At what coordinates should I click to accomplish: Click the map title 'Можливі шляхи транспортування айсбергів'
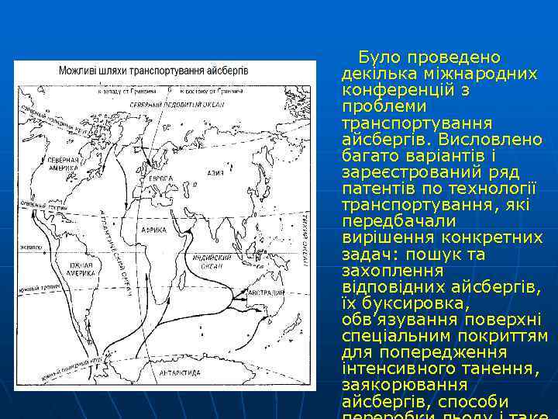[153, 70]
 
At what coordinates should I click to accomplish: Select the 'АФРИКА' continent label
[154, 230]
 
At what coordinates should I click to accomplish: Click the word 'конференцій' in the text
[391, 90]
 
